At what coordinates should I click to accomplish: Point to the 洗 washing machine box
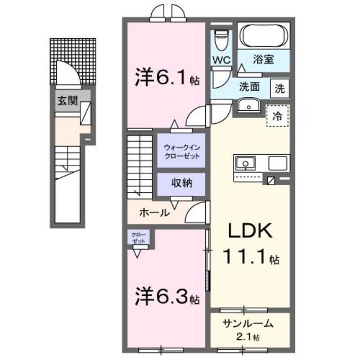(280, 87)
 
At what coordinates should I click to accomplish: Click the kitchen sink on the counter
(245, 164)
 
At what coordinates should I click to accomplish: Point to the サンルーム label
(247, 323)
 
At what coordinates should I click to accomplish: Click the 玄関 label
(65, 101)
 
